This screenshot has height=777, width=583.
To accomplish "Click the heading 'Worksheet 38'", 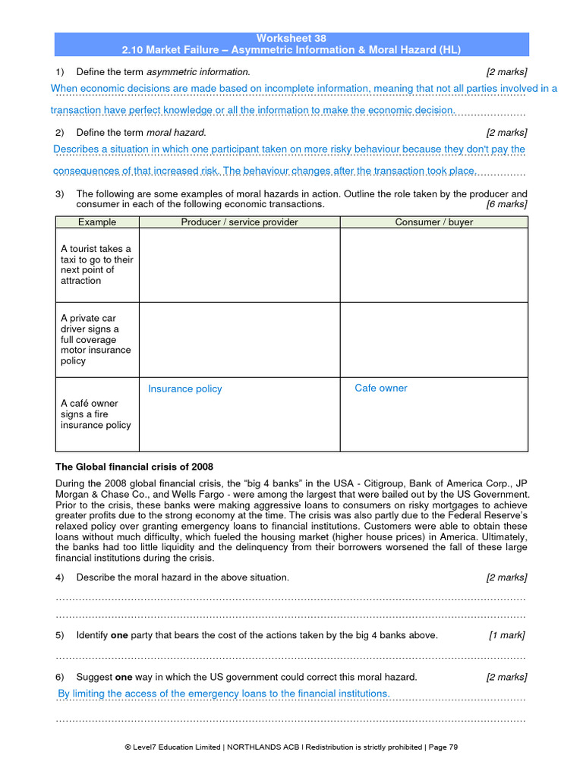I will coord(291,38).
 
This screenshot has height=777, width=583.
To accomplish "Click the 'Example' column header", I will coord(97,222).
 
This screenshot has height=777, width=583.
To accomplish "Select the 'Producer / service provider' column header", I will coord(239,222).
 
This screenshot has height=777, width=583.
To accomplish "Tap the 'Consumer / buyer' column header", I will coord(433,222).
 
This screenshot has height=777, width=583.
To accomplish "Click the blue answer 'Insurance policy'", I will coord(185,388).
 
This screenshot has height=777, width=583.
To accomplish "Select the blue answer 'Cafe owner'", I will coord(381,388).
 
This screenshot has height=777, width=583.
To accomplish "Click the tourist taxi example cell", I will coord(97,265).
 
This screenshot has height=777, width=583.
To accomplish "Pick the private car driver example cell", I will coord(97,339).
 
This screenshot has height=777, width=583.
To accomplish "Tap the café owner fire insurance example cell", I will coord(97,414).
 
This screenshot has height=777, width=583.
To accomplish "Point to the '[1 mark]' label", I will coord(506,635).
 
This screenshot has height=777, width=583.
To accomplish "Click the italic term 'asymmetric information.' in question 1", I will coord(198,71).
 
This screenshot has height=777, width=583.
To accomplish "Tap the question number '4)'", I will coord(61,577).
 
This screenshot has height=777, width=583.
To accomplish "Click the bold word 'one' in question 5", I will coord(119,635).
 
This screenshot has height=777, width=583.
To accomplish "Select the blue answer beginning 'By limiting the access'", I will coord(224,694).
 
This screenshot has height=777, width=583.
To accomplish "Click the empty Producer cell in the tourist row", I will coord(239,265).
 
